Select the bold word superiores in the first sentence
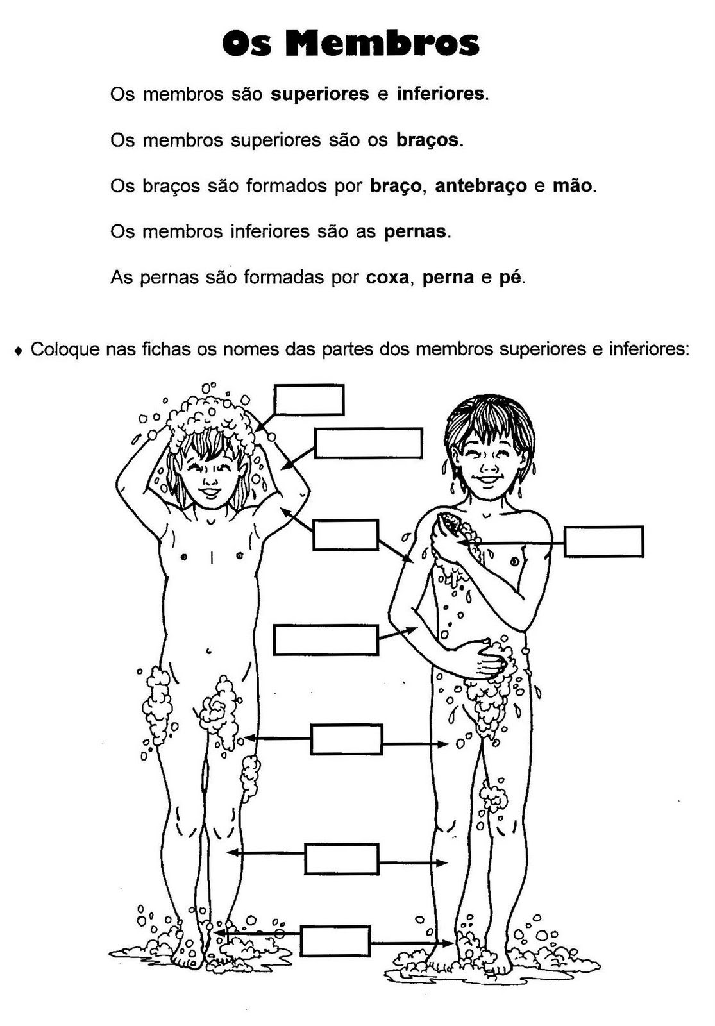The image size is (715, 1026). [x=320, y=94]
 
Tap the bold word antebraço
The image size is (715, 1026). [x=481, y=186]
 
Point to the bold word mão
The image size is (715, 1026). [x=573, y=186]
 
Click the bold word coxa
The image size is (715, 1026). [x=387, y=278]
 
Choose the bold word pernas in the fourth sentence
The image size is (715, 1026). [x=415, y=231]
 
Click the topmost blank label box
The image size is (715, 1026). [x=308, y=400]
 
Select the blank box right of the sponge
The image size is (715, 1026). [x=603, y=542]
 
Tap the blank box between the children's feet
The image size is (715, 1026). [x=335, y=941]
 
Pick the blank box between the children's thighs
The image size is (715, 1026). [x=346, y=739]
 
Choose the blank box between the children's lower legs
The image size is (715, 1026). [x=341, y=859]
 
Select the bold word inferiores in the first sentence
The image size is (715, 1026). [x=441, y=94]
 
